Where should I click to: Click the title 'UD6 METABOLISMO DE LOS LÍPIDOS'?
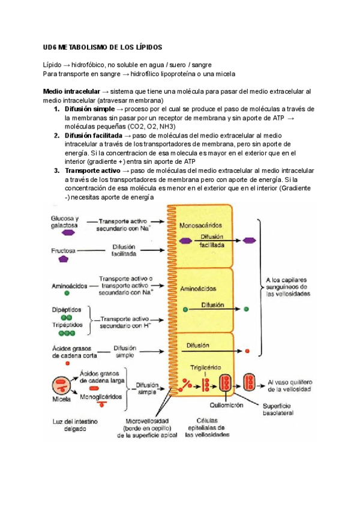point(103,46)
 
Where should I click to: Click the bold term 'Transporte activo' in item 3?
point(92,171)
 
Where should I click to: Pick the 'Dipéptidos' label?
point(67,310)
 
